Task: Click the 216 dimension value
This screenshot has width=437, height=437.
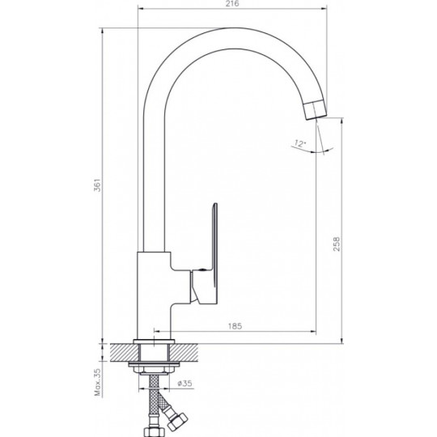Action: [x=232, y=3]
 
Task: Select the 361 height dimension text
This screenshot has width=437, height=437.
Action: [x=97, y=185]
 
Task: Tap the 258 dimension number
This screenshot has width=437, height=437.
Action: [x=337, y=244]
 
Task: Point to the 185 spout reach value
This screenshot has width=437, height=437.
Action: [x=235, y=326]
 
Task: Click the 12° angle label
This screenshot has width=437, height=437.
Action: [x=300, y=144]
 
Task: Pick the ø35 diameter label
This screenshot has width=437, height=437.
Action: [x=185, y=384]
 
